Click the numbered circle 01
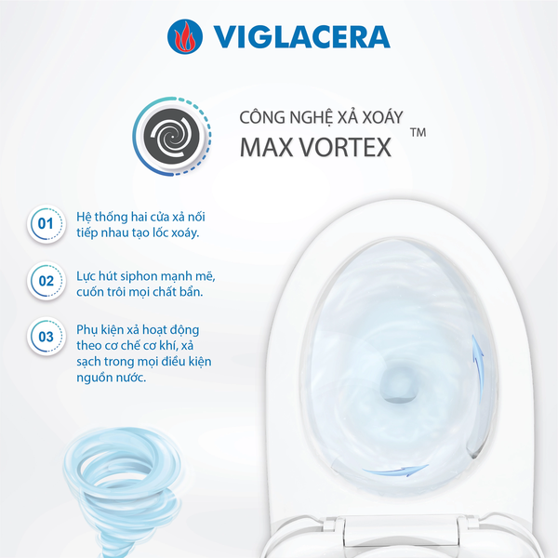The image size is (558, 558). coord(45,224)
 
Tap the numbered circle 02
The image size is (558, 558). coord(45,279)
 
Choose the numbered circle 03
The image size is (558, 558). coord(45,336)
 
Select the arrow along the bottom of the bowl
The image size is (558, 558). coord(394,472)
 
